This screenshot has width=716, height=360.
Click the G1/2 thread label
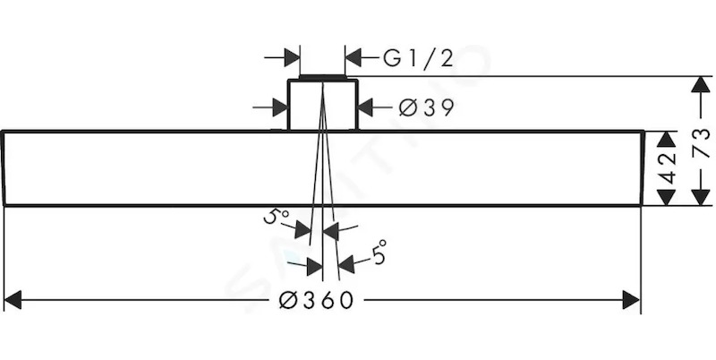click(x=418, y=59)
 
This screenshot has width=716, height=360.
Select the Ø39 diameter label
click(x=427, y=107)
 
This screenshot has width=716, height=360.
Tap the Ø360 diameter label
click(x=317, y=301)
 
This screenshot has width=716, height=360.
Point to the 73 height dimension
click(x=702, y=142)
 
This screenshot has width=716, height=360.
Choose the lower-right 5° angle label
click(x=379, y=253)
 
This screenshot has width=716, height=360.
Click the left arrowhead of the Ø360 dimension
click(x=13, y=300)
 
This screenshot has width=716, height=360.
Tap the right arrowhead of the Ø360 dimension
click(x=631, y=300)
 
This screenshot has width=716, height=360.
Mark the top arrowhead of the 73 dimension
click(x=701, y=85)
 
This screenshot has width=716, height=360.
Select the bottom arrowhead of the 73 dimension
click(x=701, y=197)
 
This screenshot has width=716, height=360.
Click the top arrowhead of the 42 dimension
click(x=666, y=140)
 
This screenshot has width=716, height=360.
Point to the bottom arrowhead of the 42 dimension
click(x=666, y=197)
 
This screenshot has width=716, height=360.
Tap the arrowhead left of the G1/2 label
click(x=354, y=58)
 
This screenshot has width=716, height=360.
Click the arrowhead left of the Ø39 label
click(x=366, y=107)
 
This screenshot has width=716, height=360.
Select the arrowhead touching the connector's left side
click(x=280, y=107)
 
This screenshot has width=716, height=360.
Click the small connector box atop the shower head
click(x=322, y=105)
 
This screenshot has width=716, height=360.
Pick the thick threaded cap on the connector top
click(x=322, y=76)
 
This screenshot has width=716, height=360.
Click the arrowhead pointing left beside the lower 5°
click(x=346, y=265)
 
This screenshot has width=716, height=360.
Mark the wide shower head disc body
click(x=323, y=168)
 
